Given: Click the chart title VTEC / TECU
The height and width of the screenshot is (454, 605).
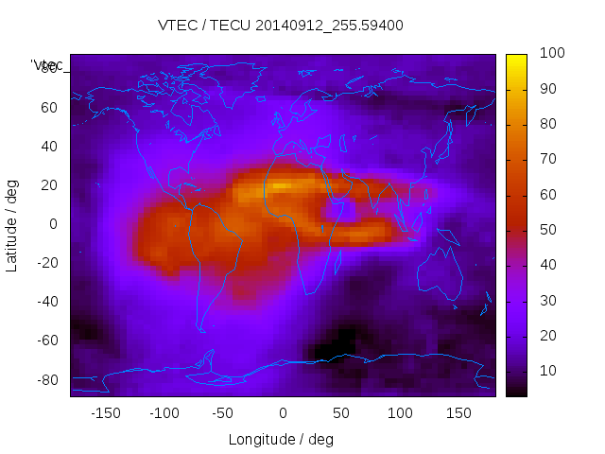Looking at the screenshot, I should pyautogui.click(x=281, y=26).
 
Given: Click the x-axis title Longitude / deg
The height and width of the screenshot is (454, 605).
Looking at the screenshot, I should pyautogui.click(x=281, y=439).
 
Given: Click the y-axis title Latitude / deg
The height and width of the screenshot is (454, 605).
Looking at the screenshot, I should pyautogui.click(x=12, y=223).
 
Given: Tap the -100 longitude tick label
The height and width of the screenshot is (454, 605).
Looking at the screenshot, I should pyautogui.click(x=164, y=412).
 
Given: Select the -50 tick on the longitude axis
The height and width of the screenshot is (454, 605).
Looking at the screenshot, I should pyautogui.click(x=223, y=412).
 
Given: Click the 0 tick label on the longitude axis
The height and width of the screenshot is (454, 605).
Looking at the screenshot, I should pyautogui.click(x=282, y=412).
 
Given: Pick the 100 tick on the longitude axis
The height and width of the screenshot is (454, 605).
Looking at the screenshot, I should pyautogui.click(x=400, y=412).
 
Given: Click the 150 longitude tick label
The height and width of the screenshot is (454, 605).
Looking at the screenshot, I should pyautogui.click(x=458, y=412).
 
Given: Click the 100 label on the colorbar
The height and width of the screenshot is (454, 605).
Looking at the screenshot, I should pyautogui.click(x=552, y=54).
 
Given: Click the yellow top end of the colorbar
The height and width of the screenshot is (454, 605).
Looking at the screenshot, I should pyautogui.click(x=516, y=59).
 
